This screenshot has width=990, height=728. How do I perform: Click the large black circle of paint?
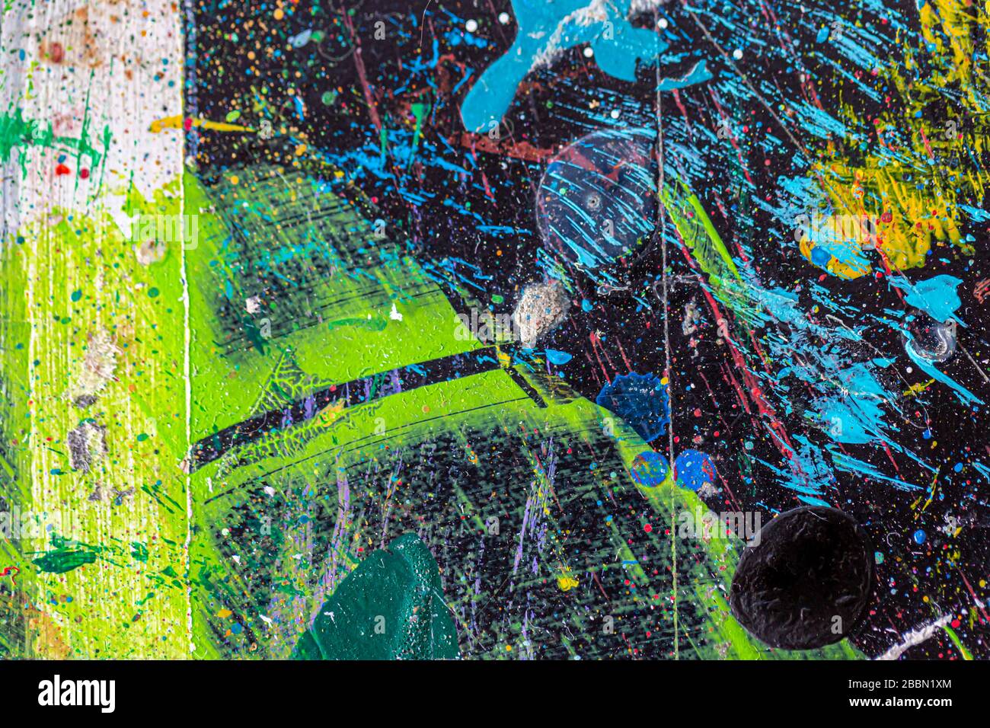(802, 577)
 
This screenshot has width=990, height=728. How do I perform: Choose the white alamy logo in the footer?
(76, 694)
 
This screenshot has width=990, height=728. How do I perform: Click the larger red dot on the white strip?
(63, 171)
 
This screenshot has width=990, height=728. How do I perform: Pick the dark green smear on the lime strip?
(65, 560)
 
